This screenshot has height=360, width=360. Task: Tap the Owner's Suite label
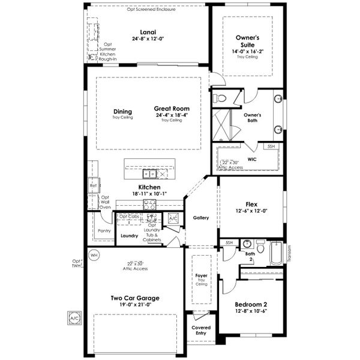[x=247, y=40]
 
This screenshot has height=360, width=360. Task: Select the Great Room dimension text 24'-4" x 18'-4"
[x=172, y=115]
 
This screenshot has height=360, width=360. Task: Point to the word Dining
[x=122, y=111]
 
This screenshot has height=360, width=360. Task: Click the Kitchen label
[x=149, y=187]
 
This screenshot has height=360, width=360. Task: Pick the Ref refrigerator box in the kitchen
[x=93, y=185]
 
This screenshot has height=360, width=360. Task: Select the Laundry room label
[x=129, y=236]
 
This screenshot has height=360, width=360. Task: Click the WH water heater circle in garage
[x=93, y=255]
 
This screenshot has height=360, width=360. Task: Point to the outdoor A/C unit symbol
[x=74, y=317]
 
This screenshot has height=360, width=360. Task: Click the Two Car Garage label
[x=134, y=298]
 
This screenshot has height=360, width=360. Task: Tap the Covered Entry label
[x=201, y=331]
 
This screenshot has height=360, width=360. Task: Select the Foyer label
[x=201, y=277]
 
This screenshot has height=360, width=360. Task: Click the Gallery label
[x=201, y=217]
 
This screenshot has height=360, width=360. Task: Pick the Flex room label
[x=251, y=204]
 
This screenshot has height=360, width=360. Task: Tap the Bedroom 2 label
[x=251, y=304]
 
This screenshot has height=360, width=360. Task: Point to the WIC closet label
[x=252, y=160]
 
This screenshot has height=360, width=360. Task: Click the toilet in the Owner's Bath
[x=220, y=97]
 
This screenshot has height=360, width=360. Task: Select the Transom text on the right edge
[x=289, y=253]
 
